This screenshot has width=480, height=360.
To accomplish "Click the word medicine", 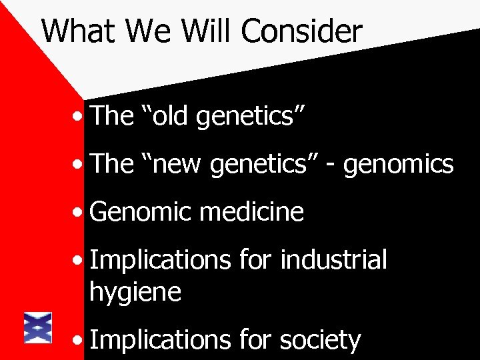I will point(251,212).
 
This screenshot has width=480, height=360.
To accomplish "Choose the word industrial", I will point(334,260).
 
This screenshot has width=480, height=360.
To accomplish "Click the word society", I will point(321,340).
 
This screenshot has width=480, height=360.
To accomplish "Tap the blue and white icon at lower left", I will point(38,327).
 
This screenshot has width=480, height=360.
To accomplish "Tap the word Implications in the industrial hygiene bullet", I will point(157,260).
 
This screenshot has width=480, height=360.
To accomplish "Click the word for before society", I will point(255,340).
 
